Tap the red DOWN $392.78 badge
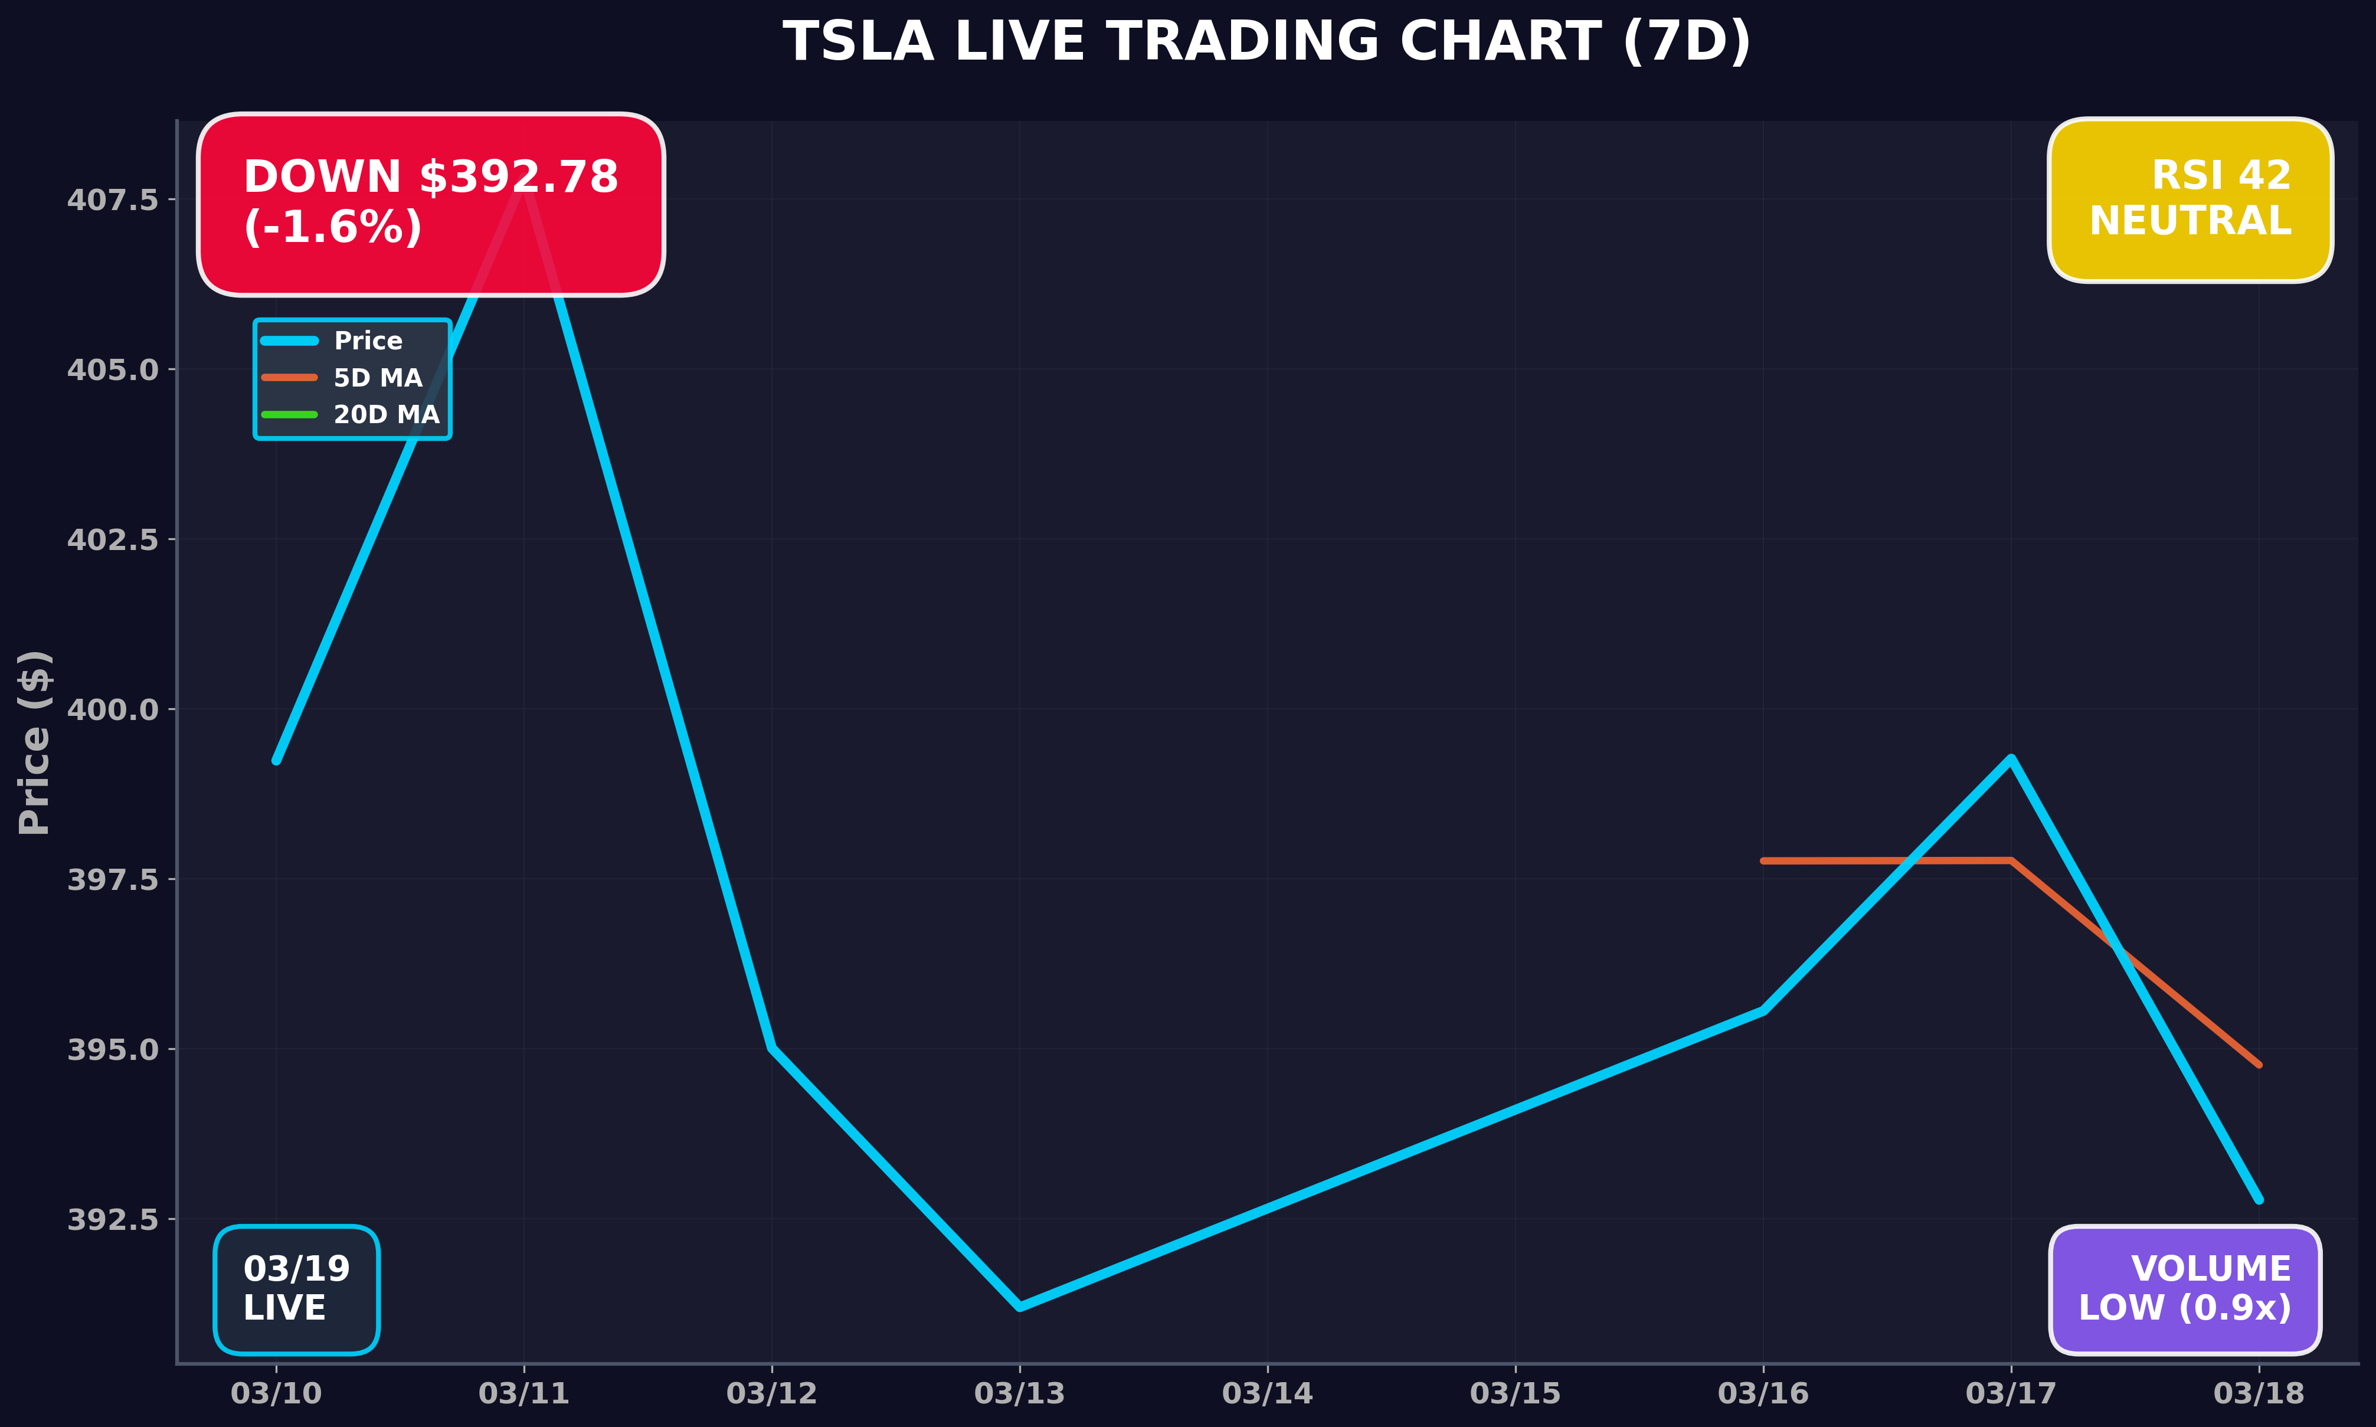431,203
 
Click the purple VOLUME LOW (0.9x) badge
2185,1289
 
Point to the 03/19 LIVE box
297,1289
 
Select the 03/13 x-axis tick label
1019,1393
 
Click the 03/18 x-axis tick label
2259,1393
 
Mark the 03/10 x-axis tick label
277,1393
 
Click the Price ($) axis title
35,742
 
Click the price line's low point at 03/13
1019,1307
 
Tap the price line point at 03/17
2011,759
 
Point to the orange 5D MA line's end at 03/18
2259,1065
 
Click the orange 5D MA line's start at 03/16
1763,860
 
